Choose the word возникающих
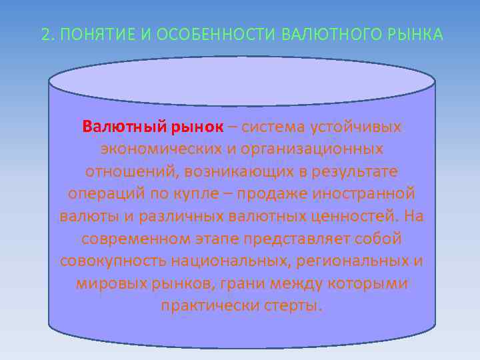(241, 171)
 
